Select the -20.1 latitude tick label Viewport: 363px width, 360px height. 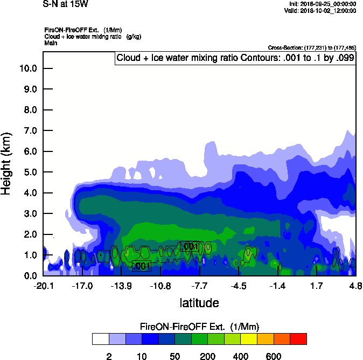(x=43, y=285)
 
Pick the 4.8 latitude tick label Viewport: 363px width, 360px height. (x=355, y=285)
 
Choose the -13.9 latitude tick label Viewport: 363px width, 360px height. (x=121, y=285)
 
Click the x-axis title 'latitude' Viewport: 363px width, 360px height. (x=199, y=303)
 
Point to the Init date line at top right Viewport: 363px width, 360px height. (x=322, y=4)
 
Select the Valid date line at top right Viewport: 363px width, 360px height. (x=322, y=10)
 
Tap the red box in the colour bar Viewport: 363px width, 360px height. (x=298, y=339)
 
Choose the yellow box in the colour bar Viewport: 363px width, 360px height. (x=248, y=339)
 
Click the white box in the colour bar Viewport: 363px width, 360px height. (x=100, y=339)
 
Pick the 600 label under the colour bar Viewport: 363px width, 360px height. (x=274, y=356)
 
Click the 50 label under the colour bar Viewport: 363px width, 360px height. (x=175, y=356)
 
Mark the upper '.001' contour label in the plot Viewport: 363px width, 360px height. (x=189, y=246)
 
